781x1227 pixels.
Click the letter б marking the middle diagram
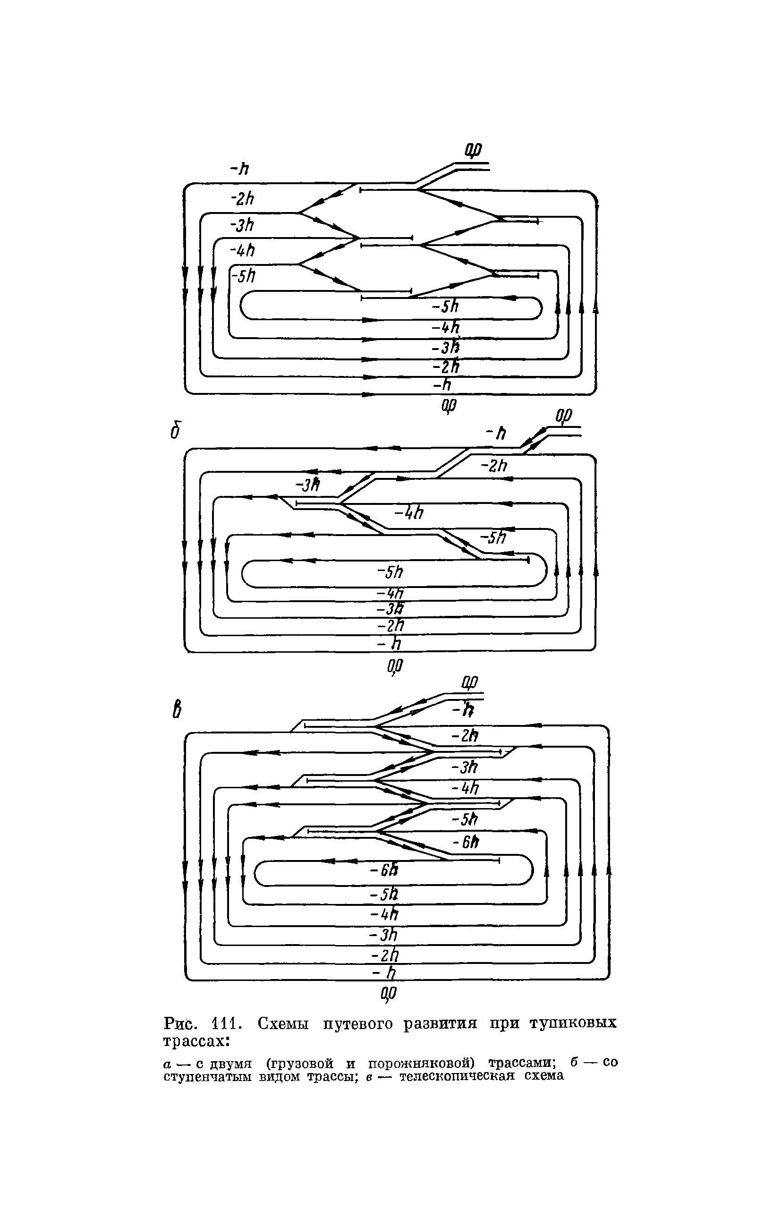coord(176,430)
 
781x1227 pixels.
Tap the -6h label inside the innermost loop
coord(383,870)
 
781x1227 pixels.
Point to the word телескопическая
coord(457,1075)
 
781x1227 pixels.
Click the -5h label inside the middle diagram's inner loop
coord(390,572)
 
